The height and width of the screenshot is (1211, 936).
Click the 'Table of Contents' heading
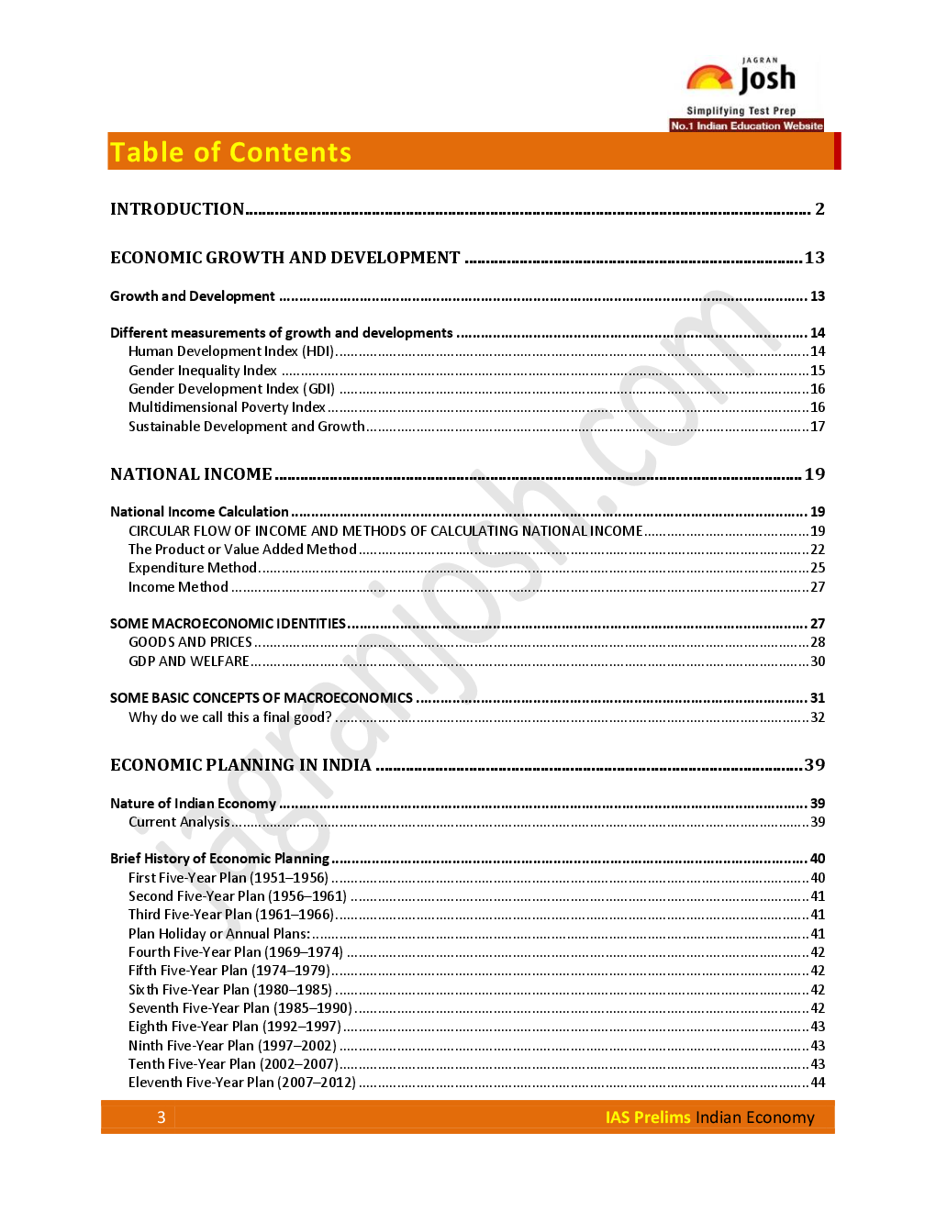230,152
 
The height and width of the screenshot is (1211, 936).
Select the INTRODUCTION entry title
177,209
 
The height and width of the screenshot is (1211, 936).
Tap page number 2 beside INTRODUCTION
819,209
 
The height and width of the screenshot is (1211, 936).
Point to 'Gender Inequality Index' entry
203,371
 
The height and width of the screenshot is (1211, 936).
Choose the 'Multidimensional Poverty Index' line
227,407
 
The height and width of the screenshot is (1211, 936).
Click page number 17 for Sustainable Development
818,427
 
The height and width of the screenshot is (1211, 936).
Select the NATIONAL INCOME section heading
191,474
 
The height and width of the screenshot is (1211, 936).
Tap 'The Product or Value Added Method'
242,550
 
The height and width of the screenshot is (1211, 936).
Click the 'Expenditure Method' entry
193,568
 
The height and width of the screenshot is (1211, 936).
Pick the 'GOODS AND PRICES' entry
190,642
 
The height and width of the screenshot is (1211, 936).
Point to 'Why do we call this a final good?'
230,717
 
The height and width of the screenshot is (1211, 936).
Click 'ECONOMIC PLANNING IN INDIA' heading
240,765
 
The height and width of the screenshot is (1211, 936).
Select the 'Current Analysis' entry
179,822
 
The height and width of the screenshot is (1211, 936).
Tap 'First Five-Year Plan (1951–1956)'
228,878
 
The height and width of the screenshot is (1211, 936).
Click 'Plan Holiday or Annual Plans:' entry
219,934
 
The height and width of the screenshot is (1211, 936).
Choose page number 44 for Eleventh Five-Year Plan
818,1083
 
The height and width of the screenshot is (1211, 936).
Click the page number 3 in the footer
162,1117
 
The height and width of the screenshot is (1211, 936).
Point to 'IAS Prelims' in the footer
647,1117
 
